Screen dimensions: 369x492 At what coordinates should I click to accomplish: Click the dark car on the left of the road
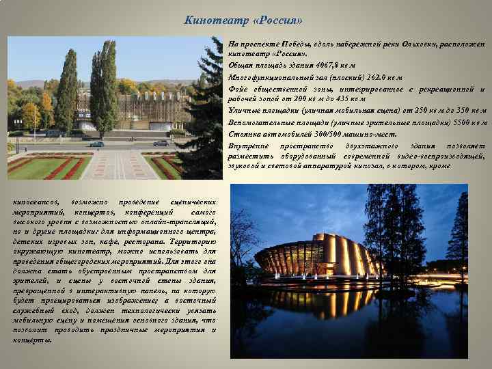(97, 143)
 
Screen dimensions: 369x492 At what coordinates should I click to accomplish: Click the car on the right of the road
(161, 143)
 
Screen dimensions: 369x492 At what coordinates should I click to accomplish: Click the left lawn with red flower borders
(41, 168)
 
